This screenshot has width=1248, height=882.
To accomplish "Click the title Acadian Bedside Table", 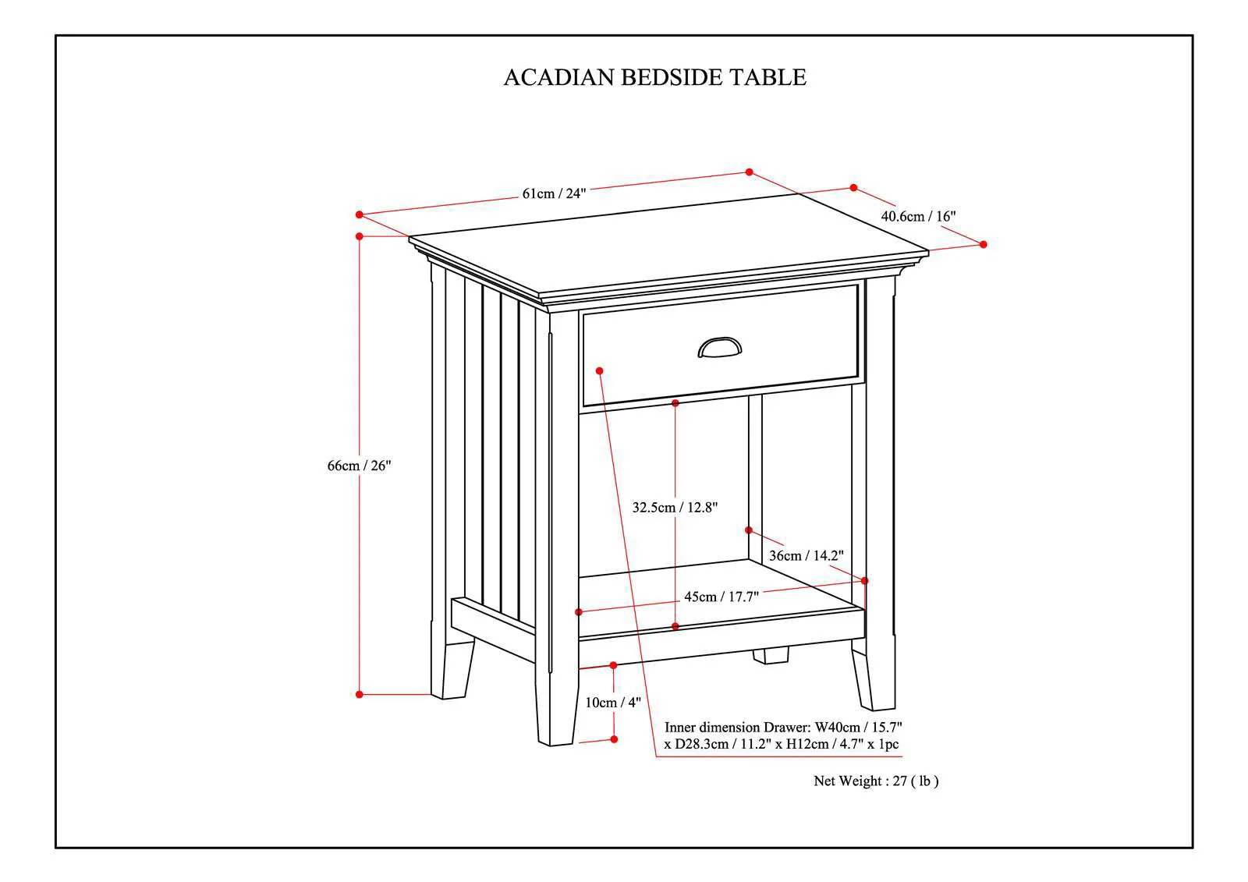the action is pos(654,77).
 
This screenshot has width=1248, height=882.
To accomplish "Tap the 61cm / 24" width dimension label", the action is pos(554,193).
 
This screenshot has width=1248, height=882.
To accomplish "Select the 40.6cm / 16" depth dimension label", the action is pos(918,216).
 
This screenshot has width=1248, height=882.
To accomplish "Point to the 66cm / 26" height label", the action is pos(359,466).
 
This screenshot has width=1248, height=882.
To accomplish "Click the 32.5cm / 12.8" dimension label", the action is pos(675,508).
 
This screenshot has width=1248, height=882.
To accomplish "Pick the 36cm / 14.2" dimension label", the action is pos(807,555).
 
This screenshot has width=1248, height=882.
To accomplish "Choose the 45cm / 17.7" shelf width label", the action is pos(721,597).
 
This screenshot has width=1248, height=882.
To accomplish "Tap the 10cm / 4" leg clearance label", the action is pos(613,703).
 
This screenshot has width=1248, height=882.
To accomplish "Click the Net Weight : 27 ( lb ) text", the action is pos(876,781).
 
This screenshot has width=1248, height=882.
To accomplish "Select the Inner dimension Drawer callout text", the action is pos(783,735).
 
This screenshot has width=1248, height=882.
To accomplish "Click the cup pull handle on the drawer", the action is pos(719,347).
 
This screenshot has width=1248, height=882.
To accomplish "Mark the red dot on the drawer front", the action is pos(599,370).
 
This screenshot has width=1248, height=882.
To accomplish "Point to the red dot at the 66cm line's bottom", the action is pos(360,694).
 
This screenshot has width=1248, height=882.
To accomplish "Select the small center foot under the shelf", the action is pos(771,655).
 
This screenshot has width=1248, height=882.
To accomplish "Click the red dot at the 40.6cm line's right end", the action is pos(983,244).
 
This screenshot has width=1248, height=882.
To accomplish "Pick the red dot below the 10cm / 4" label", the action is pos(614,739).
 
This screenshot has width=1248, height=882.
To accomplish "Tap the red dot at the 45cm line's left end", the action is pos(579,612).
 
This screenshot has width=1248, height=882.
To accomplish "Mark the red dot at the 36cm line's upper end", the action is pos(749,530).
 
